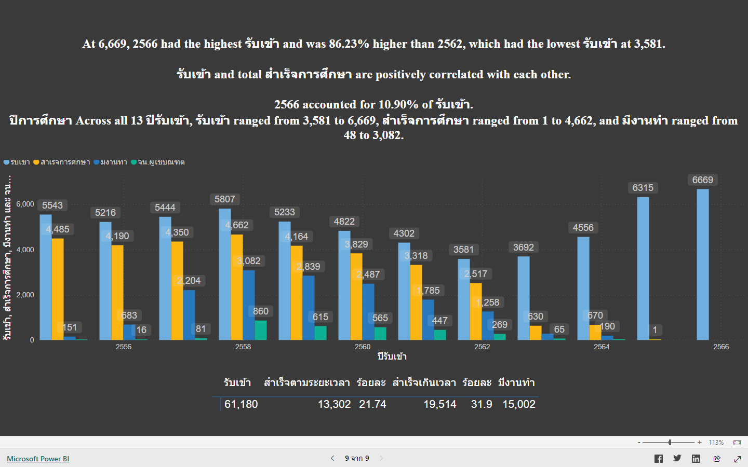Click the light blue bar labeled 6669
tap(702, 265)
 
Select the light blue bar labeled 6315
tap(643, 268)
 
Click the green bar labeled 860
tap(261, 330)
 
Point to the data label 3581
tap(463, 250)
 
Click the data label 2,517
tap(476, 274)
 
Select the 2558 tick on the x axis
tap(243, 347)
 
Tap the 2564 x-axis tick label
tap(602, 347)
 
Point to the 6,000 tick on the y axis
tap(25, 204)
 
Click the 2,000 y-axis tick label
tap(25, 295)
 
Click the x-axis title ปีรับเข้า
tap(392, 356)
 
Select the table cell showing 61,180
tap(241, 404)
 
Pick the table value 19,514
tap(439, 404)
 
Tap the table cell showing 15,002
tap(518, 404)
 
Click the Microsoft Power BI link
tap(38, 459)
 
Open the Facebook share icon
tap(658, 459)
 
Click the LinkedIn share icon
tap(696, 459)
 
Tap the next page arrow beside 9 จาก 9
tap(381, 458)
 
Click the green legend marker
tap(134, 162)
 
